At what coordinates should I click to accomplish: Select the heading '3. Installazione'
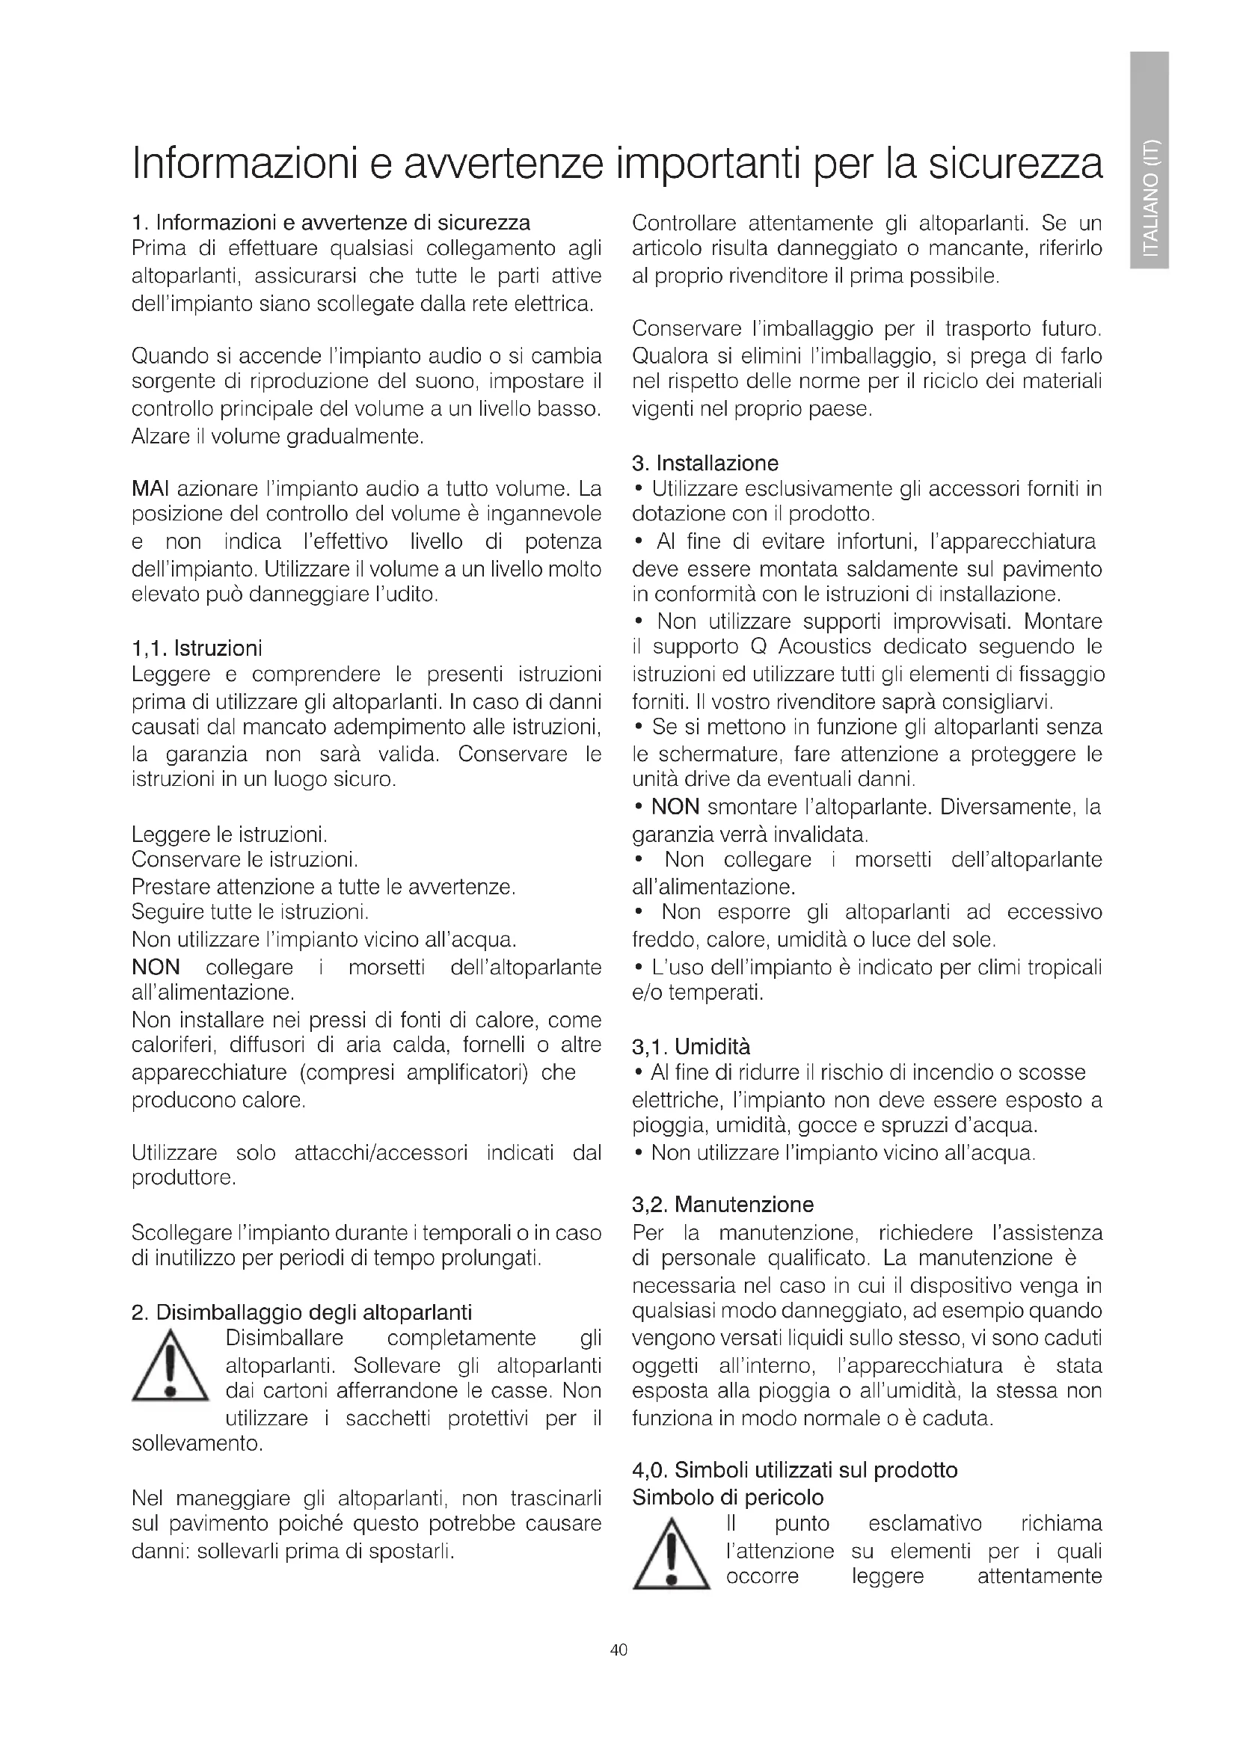click(x=705, y=463)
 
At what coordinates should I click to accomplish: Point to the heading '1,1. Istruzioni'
click(x=197, y=648)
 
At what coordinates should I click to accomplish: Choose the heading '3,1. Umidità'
click(x=692, y=1046)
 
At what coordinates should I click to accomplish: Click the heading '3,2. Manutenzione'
click(x=723, y=1205)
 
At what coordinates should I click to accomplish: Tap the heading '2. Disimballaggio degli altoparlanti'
click(x=301, y=1312)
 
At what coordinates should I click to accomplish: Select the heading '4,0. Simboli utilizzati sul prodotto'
click(x=794, y=1469)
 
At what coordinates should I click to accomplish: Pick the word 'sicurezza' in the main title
click(x=1015, y=164)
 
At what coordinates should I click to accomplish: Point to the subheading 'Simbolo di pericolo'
click(x=728, y=1498)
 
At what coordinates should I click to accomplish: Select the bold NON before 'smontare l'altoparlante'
click(x=675, y=807)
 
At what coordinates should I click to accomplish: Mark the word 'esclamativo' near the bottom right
click(x=924, y=1524)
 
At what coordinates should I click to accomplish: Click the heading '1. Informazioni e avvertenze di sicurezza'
click(x=331, y=223)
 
